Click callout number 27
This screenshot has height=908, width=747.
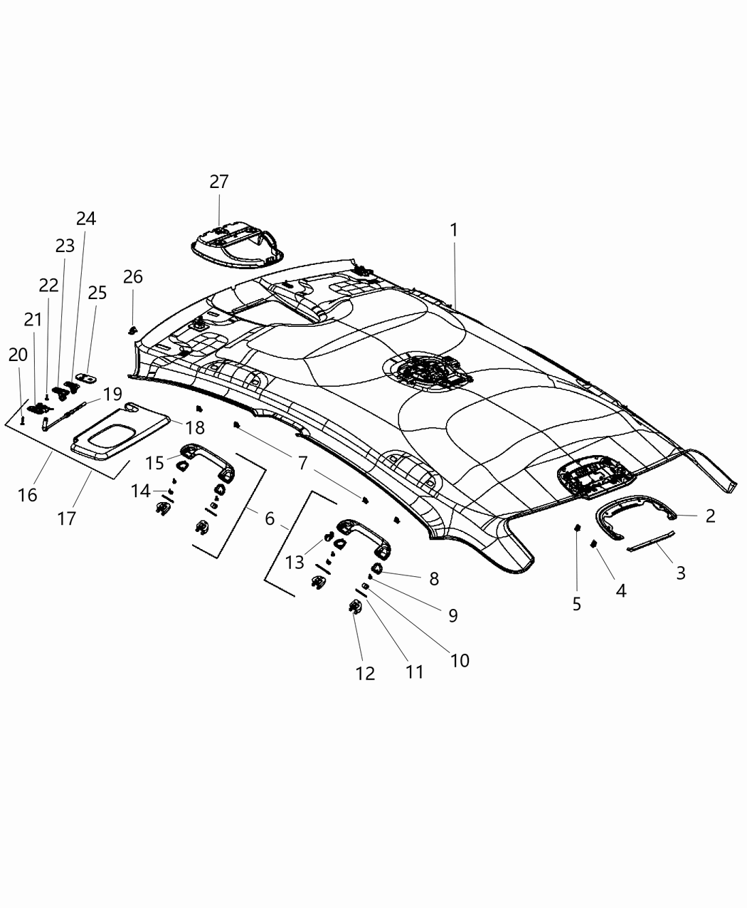[x=218, y=182]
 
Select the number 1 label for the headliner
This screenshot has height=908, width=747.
[x=453, y=230]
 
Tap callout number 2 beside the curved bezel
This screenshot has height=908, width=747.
[x=709, y=516]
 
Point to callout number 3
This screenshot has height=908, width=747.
[x=680, y=573]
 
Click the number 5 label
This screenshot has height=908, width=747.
[x=576, y=604]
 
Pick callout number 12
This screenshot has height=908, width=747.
[x=365, y=673]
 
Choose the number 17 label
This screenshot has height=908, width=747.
[x=66, y=518]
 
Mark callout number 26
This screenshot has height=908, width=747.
[x=132, y=276]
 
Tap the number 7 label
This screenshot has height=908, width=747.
[x=302, y=464]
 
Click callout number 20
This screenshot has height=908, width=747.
[x=18, y=355]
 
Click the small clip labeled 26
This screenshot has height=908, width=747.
[x=132, y=330]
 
